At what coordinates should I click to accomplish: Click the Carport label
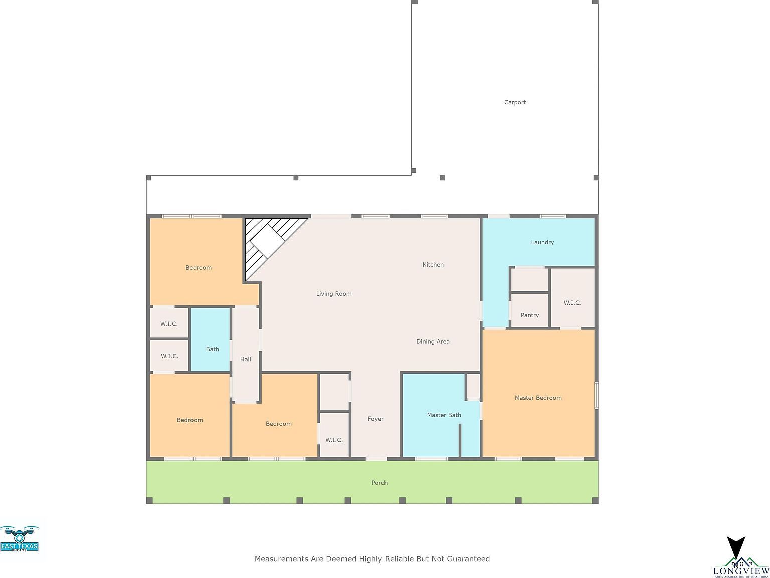[515, 102]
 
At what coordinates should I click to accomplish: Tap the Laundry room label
[542, 242]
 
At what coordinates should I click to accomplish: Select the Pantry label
[529, 315]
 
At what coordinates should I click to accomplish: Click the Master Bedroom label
[538, 398]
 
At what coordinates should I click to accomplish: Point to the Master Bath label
[444, 415]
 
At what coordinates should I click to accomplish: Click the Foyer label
[375, 419]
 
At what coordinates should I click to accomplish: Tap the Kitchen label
[433, 265]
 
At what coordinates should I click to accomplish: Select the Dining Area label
[433, 342]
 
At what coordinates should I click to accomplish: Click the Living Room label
[333, 294]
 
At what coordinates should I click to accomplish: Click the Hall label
[245, 359]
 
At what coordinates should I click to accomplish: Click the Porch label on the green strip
[379, 483]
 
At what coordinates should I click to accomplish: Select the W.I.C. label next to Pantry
[572, 303]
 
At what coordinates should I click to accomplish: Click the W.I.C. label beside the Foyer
[334, 440]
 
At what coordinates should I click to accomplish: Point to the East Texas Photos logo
[19, 539]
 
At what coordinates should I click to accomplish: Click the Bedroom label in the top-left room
[199, 268]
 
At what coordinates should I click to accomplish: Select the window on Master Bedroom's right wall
[596, 395]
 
